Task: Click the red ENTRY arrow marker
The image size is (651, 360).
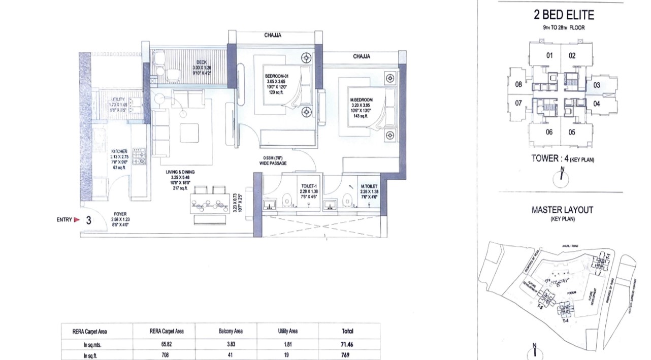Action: coord(77,220)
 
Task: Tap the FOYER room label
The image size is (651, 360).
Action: coord(120,214)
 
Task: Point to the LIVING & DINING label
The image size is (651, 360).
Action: coord(180,172)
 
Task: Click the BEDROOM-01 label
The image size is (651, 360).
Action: coord(276,77)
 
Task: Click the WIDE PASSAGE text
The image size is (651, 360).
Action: coord(275,163)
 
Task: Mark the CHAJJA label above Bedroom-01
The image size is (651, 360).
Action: coord(273,36)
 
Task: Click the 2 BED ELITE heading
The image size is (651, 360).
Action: coord(560,15)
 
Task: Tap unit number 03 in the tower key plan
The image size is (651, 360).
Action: coord(596,85)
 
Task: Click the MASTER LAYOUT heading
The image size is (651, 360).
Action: coord(562,209)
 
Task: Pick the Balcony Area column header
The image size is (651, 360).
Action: coord(226,332)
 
